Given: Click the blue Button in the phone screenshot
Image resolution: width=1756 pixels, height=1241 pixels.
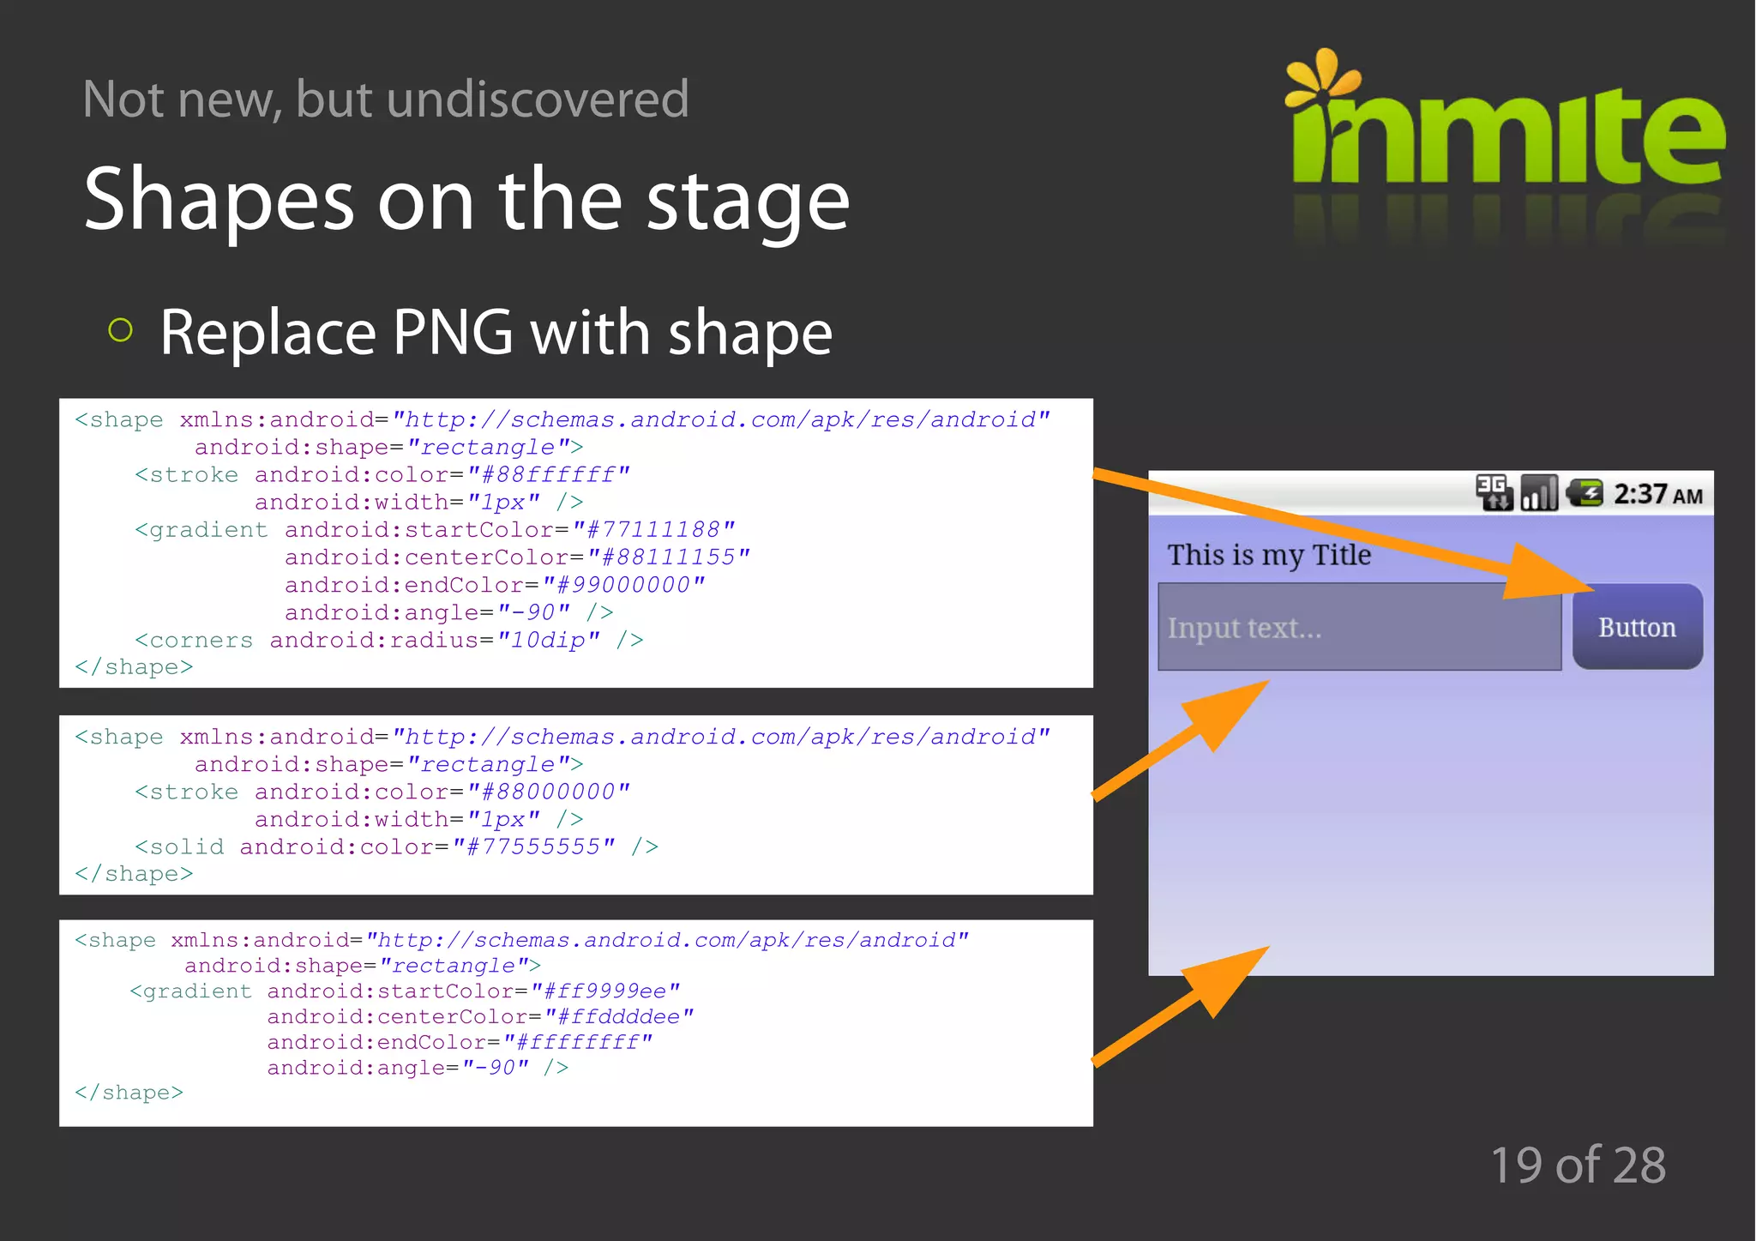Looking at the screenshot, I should coord(1637,627).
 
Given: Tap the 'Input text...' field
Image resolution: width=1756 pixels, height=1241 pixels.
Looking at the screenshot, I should coord(1359,627).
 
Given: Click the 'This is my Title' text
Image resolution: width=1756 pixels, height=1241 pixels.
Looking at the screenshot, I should coord(1269,555).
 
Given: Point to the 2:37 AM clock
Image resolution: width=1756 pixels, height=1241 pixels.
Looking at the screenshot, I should coord(1657,495).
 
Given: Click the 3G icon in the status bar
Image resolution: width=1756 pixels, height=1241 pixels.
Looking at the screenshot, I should coord(1494,492).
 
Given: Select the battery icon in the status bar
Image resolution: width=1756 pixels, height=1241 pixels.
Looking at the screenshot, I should coord(1585,493).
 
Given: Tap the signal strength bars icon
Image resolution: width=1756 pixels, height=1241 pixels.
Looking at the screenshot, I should coord(1539,493).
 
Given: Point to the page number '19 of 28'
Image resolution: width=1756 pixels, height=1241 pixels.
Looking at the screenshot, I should coord(1578,1165).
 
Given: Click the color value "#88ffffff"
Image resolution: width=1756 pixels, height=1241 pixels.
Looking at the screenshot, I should coord(548,474).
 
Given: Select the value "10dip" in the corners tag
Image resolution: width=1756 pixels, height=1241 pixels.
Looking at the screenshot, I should coord(548,640).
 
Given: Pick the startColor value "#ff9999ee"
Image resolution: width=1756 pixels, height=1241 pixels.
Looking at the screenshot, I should coord(605,991).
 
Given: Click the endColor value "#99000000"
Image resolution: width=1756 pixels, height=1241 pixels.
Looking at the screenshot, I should coord(623,585).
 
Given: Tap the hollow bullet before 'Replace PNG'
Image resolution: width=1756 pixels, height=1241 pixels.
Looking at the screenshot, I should coord(121,330).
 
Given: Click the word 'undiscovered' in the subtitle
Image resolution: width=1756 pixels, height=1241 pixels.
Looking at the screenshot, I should coord(538,99).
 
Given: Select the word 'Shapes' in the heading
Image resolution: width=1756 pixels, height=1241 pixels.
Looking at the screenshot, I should coord(219,200).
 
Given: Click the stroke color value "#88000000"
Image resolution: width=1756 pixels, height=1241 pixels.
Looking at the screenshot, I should coord(548,792).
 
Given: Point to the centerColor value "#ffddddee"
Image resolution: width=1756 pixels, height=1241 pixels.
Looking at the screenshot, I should coord(618,1016).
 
